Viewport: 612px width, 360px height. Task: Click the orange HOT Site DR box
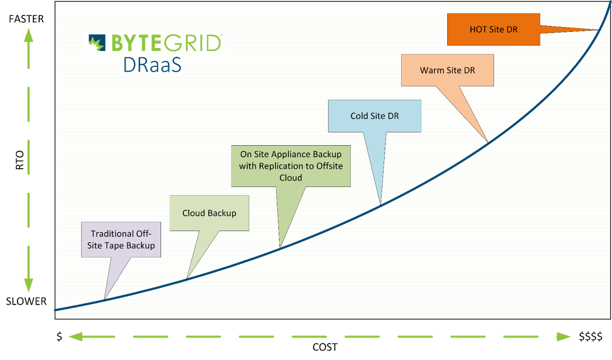coord(493,30)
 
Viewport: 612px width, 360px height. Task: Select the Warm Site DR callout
coord(447,70)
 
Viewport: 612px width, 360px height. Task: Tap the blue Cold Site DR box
coord(374,116)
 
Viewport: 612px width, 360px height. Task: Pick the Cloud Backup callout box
coord(209,213)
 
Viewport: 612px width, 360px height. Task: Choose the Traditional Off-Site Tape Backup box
coord(121,240)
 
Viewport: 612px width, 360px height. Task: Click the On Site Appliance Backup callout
coord(291,165)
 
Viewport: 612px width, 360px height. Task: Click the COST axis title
coord(325,347)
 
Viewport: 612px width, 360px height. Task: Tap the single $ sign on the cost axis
coord(59,337)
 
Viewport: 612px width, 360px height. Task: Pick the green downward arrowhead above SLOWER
coord(29,285)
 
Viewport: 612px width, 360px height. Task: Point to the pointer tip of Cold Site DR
coord(380,204)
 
